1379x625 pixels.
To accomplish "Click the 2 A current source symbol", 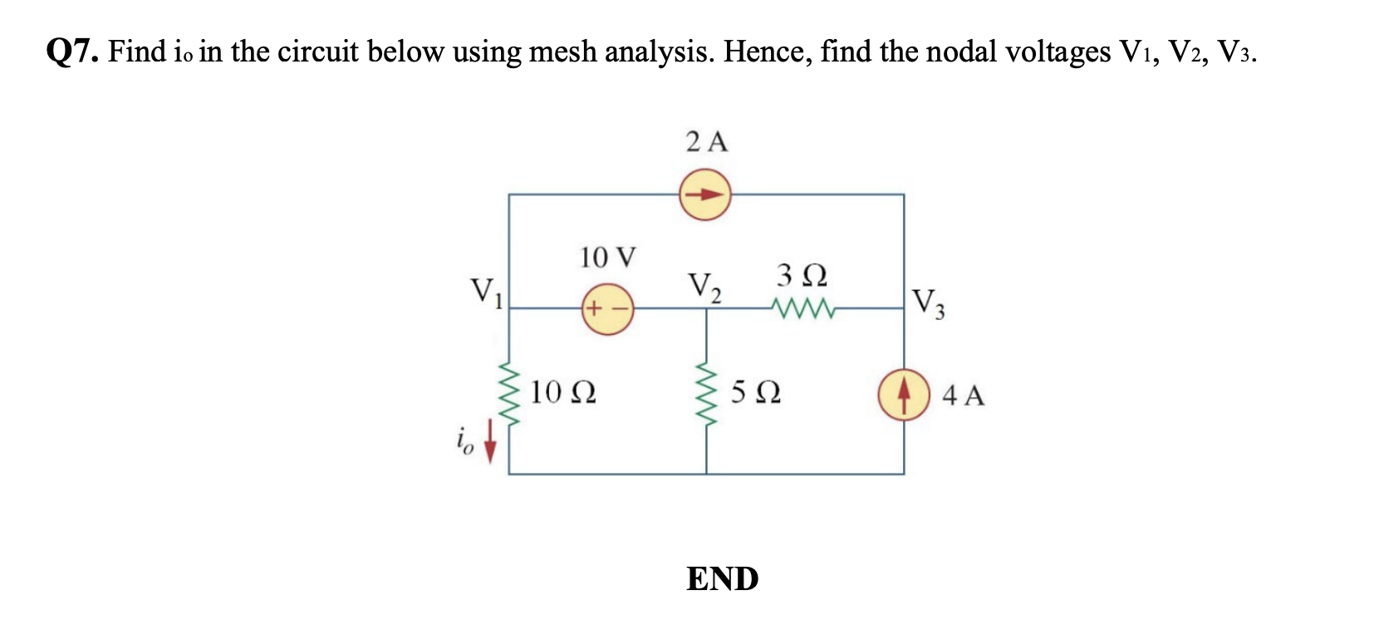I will click(x=705, y=195).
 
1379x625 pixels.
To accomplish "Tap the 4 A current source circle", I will click(x=903, y=395).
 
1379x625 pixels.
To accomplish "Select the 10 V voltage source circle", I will click(x=607, y=309).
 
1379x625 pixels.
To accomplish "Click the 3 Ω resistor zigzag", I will click(x=803, y=309).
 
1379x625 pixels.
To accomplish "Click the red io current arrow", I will click(x=490, y=440).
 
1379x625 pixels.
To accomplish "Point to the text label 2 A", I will click(x=707, y=142).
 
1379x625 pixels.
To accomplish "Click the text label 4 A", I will click(x=964, y=396).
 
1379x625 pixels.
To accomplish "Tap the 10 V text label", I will click(x=607, y=258).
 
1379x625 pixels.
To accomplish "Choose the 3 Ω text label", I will click(x=802, y=274).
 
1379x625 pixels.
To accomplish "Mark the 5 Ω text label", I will click(x=756, y=392).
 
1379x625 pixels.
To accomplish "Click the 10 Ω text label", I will click(x=562, y=392).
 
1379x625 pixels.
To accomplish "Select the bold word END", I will click(x=722, y=579).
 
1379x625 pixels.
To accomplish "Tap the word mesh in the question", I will click(x=565, y=52).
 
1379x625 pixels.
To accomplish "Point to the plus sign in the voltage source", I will click(x=591, y=310).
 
